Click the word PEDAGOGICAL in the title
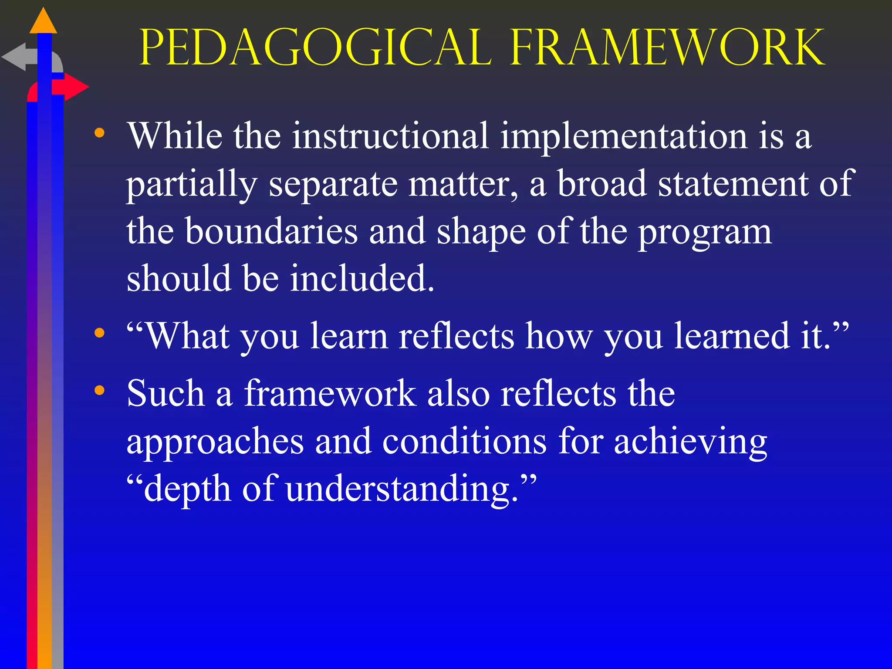pos(315,48)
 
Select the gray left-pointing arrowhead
pos(15,57)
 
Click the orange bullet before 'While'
pos(100,133)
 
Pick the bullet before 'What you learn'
pos(100,333)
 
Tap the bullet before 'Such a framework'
pos(100,390)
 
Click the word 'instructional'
pos(390,136)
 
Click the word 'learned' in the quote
pos(732,336)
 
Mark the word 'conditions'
pos(464,441)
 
